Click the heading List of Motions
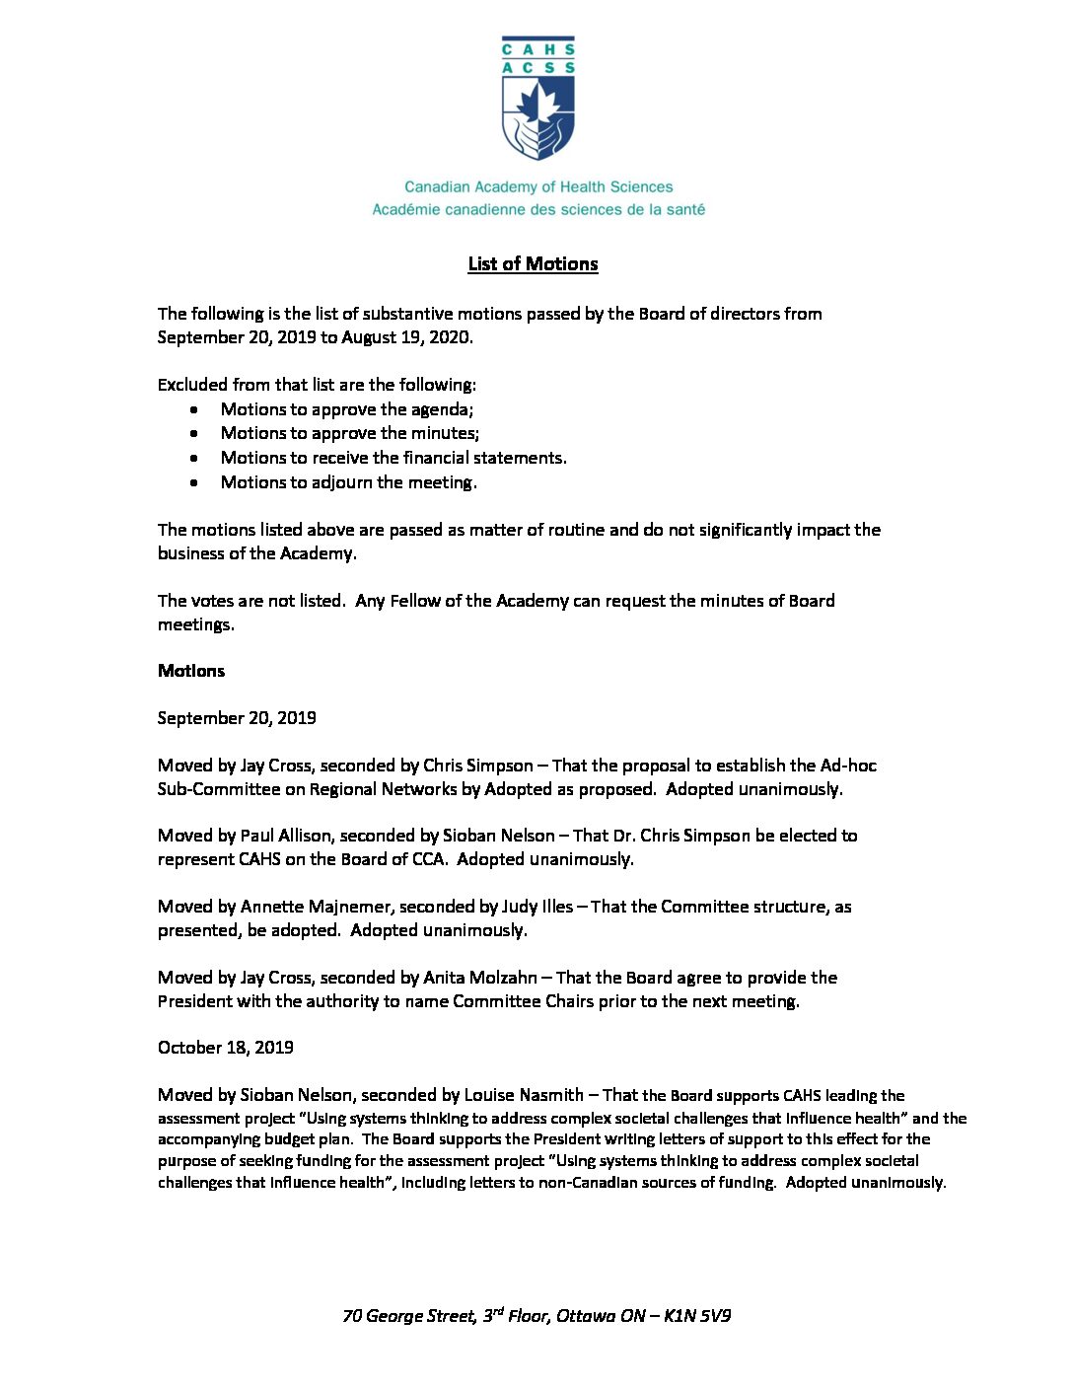pyautogui.click(x=533, y=263)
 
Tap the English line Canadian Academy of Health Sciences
pyautogui.click(x=538, y=186)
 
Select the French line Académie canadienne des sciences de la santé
pyautogui.click(x=538, y=209)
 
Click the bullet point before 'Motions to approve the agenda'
pyautogui.click(x=195, y=409)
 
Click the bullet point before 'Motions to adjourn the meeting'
pyautogui.click(x=195, y=482)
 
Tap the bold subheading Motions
pyautogui.click(x=191, y=671)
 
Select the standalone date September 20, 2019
pyautogui.click(x=237, y=718)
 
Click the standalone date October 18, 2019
pyautogui.click(x=226, y=1048)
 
